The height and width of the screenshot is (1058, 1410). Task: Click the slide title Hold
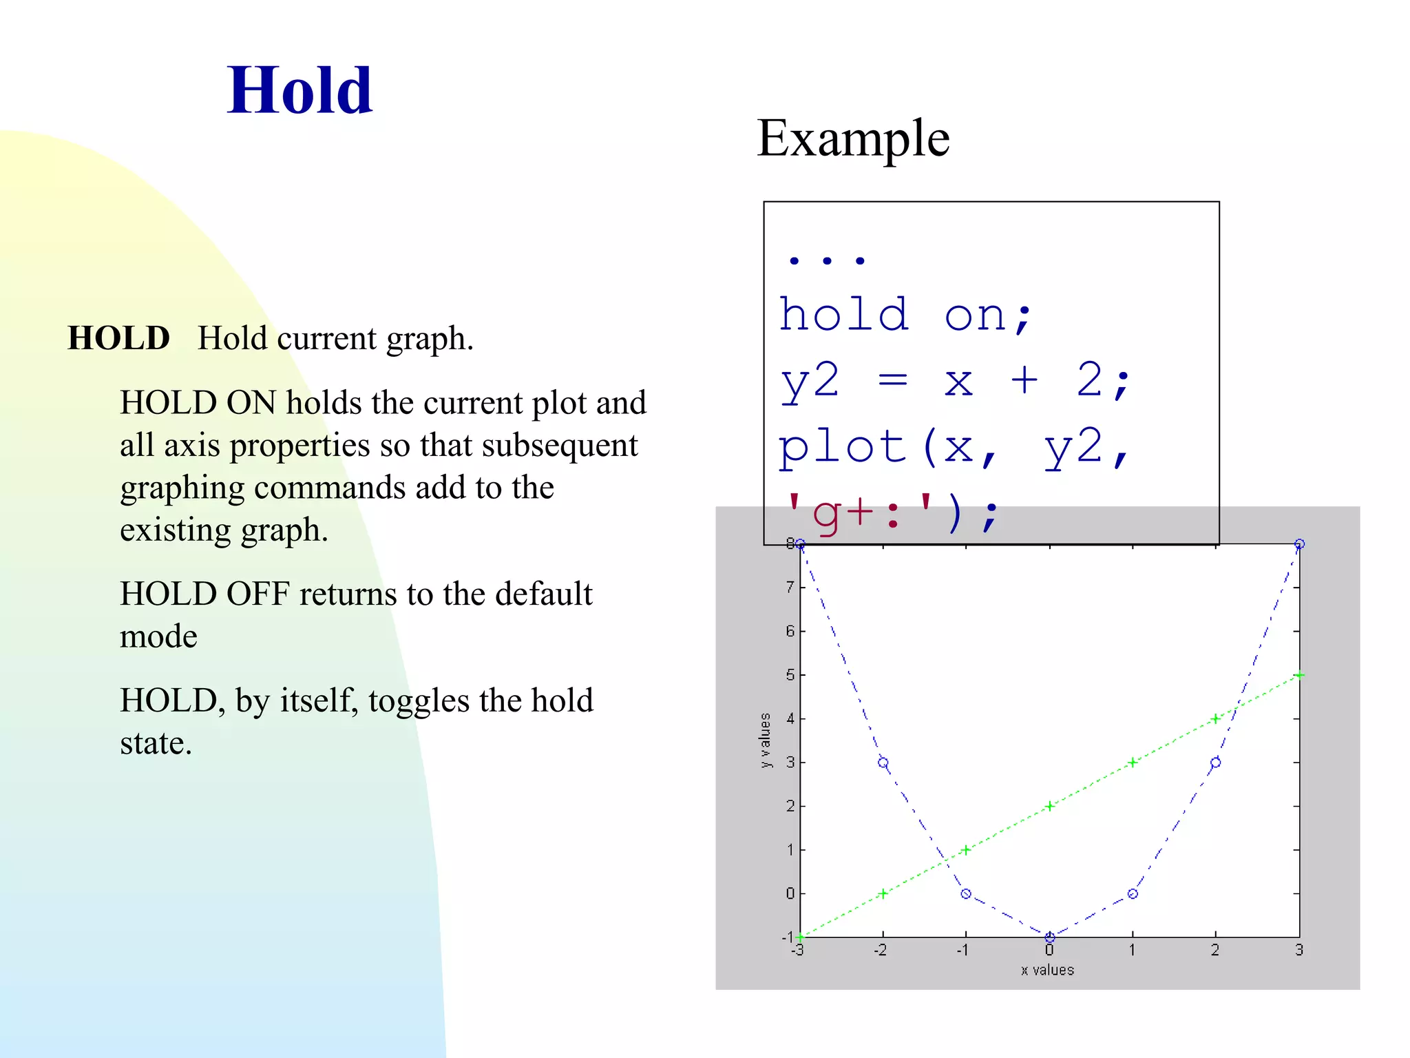(x=299, y=90)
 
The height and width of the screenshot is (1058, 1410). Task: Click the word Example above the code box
(x=853, y=138)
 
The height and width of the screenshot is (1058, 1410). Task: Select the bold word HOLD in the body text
(x=118, y=338)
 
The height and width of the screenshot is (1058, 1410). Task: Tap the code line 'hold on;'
(x=905, y=315)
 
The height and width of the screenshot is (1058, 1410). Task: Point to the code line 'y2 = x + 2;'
(x=954, y=381)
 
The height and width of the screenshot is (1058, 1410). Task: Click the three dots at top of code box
(x=826, y=261)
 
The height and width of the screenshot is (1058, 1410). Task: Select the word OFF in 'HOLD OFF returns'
(x=258, y=594)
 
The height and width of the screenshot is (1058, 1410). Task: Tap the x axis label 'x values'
(x=1047, y=970)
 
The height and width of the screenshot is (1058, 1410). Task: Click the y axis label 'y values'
(x=765, y=740)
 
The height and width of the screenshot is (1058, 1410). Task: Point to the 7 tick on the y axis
(x=790, y=588)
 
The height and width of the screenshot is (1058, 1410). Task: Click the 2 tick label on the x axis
(x=1215, y=951)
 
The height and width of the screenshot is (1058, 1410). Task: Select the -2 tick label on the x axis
(x=881, y=951)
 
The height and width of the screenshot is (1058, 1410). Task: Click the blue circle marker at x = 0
(x=1049, y=937)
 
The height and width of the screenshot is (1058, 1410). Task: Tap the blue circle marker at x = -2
(x=883, y=763)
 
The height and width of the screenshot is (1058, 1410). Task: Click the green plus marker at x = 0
(x=1049, y=806)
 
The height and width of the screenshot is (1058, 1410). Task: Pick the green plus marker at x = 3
(x=1299, y=675)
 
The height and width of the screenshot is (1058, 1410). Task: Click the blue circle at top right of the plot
(x=1299, y=544)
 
